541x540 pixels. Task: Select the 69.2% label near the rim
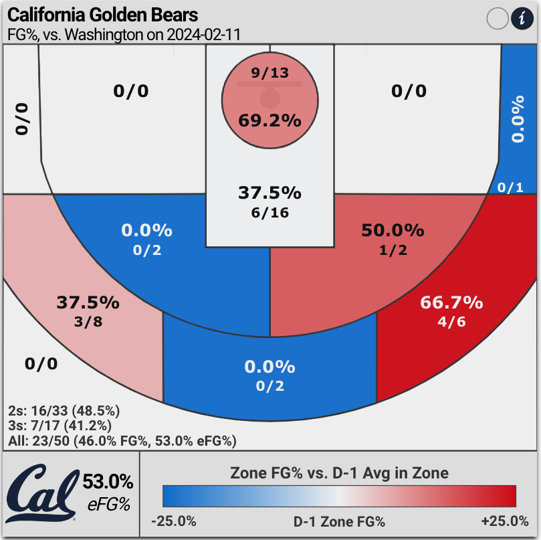(269, 121)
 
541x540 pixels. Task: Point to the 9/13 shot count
(270, 73)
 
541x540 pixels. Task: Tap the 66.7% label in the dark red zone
(451, 302)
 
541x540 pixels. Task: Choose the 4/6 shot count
(451, 321)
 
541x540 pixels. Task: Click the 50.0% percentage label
(393, 231)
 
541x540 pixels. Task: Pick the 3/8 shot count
(88, 321)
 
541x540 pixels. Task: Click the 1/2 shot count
(393, 250)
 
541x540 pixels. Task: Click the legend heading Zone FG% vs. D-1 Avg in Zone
(339, 473)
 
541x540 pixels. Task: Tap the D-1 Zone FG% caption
(339, 521)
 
